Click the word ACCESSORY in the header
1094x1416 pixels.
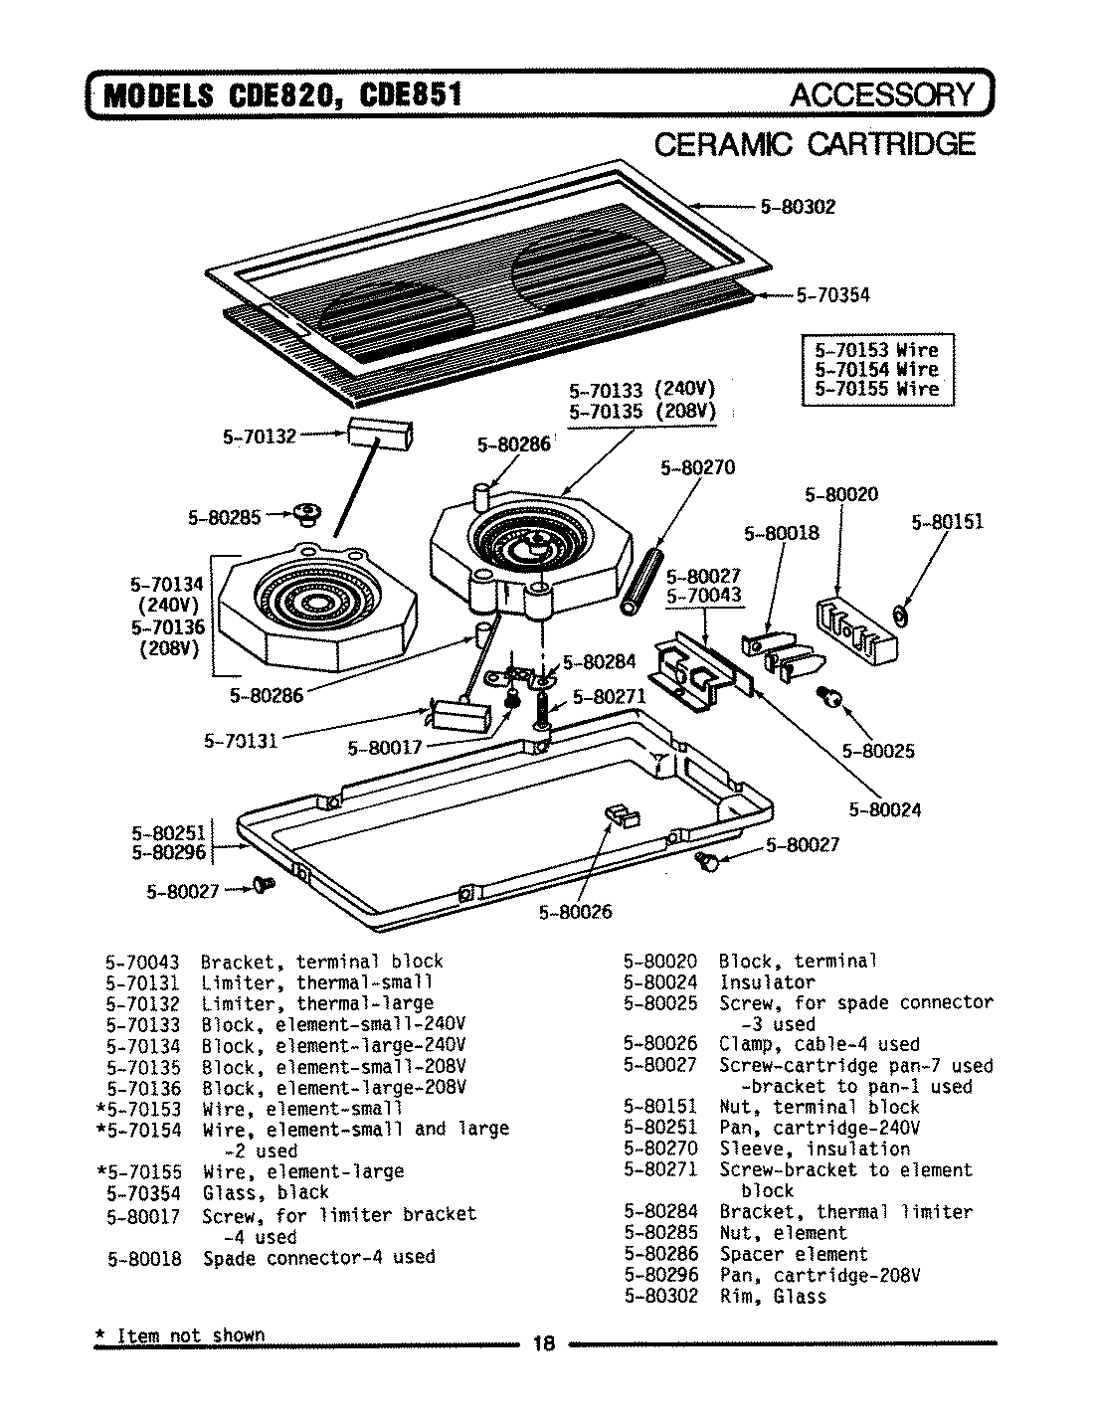882,94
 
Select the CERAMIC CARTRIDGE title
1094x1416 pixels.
815,145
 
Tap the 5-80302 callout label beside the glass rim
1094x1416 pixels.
798,207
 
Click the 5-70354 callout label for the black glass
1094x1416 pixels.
832,294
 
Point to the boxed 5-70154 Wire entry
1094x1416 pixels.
876,369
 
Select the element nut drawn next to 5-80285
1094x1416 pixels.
307,513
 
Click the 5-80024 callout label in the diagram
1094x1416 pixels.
884,809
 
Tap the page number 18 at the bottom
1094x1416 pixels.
543,1343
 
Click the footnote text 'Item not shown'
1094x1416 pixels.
191,1334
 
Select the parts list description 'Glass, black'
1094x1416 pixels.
266,1192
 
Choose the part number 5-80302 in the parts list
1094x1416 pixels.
660,1296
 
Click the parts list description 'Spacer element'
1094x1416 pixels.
793,1254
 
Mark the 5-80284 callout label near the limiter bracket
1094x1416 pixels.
600,662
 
